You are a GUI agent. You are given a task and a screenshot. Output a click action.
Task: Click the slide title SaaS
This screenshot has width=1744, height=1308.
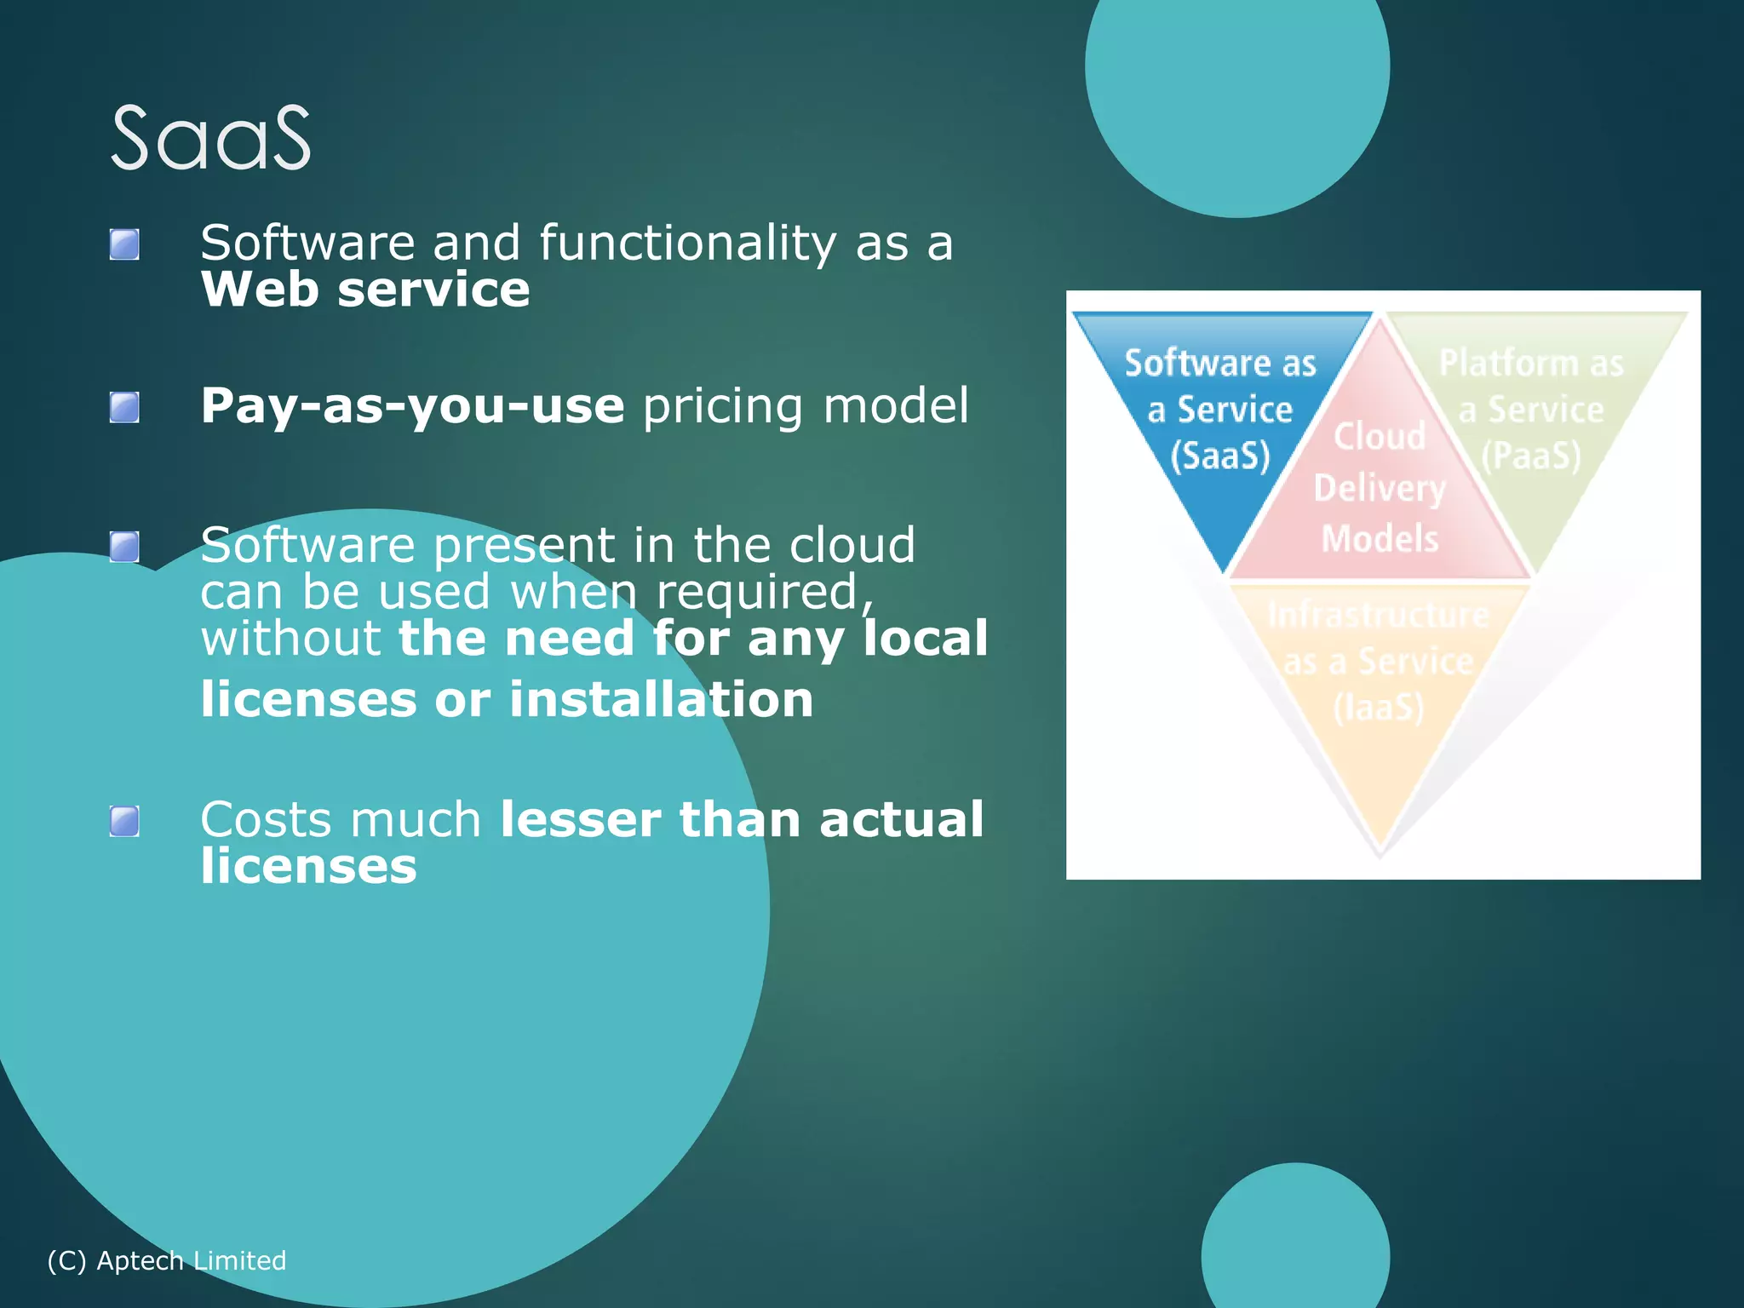211,138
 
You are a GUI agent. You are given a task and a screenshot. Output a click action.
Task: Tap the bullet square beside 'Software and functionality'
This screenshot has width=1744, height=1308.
124,244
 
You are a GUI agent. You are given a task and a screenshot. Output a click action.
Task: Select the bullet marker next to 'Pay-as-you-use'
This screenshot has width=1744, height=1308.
124,407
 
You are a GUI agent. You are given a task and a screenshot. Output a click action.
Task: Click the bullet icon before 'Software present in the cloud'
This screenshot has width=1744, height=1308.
124,547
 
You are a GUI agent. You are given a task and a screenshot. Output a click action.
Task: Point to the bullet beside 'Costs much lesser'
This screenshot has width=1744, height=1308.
124,822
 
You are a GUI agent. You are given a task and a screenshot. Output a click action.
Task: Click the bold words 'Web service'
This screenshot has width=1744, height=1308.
365,290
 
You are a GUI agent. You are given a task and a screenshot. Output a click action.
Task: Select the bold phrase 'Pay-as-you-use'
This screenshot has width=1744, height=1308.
412,405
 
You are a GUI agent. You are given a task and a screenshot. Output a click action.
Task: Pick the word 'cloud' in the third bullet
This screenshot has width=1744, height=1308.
852,545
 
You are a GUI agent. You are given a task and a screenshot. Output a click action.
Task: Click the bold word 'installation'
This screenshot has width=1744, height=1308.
661,700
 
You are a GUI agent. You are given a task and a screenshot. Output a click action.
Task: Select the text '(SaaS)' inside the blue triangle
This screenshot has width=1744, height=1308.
1219,456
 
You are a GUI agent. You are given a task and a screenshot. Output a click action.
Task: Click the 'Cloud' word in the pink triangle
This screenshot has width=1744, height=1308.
1379,437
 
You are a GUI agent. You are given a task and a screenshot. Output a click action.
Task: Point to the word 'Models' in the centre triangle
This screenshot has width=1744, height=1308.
1380,539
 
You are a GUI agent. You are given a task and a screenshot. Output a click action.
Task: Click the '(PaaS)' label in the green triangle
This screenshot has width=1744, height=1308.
1530,456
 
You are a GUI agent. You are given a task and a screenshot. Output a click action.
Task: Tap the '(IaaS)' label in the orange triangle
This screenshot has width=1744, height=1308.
1378,708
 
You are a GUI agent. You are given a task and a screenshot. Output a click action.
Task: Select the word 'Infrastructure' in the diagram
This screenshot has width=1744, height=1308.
1378,615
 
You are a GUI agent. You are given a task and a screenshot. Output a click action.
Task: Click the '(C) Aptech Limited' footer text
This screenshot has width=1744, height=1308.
167,1260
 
